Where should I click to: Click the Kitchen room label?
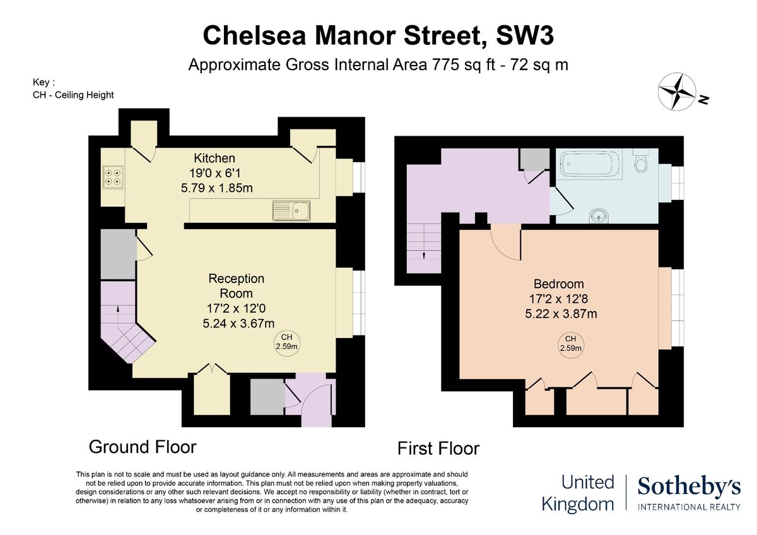click(214, 158)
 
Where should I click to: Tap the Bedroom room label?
click(558, 284)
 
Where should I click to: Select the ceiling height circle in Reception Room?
click(286, 342)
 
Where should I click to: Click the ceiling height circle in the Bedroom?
click(570, 343)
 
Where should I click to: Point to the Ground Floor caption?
click(143, 447)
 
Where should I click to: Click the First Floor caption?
click(438, 449)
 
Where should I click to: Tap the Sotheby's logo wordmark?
click(689, 487)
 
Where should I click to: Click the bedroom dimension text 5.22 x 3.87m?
click(558, 314)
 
